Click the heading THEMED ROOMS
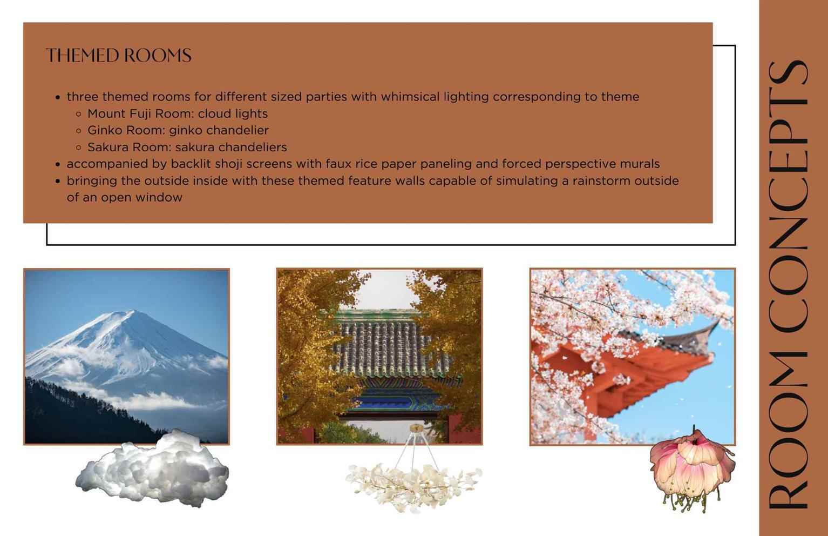pos(119,56)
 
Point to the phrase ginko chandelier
pos(219,130)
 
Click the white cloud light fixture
pos(152,469)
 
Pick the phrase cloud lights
pos(233,113)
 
